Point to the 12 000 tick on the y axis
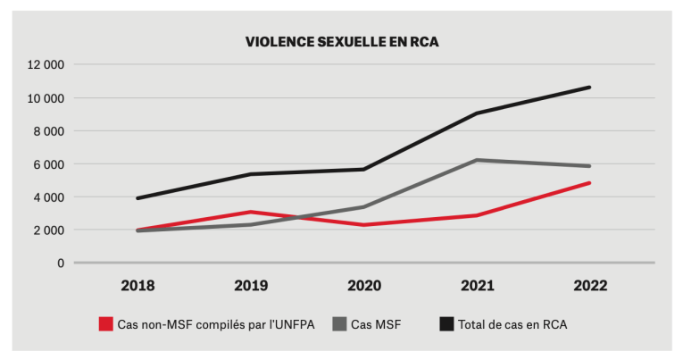click(46, 65)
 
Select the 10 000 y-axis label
click(46, 98)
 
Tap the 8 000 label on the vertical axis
click(48, 131)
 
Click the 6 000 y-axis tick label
click(48, 164)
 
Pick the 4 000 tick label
click(48, 197)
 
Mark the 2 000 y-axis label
click(48, 230)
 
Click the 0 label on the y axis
click(60, 264)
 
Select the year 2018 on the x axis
click(137, 286)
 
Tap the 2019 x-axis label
click(251, 286)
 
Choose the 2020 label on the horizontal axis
click(364, 286)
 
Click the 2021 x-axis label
click(477, 286)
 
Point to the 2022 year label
click(589, 286)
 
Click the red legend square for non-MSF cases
click(105, 324)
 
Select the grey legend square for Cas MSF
click(338, 324)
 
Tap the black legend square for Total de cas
click(445, 324)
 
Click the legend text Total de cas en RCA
click(512, 324)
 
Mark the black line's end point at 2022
click(589, 88)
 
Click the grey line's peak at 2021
click(477, 160)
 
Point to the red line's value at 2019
click(251, 212)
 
